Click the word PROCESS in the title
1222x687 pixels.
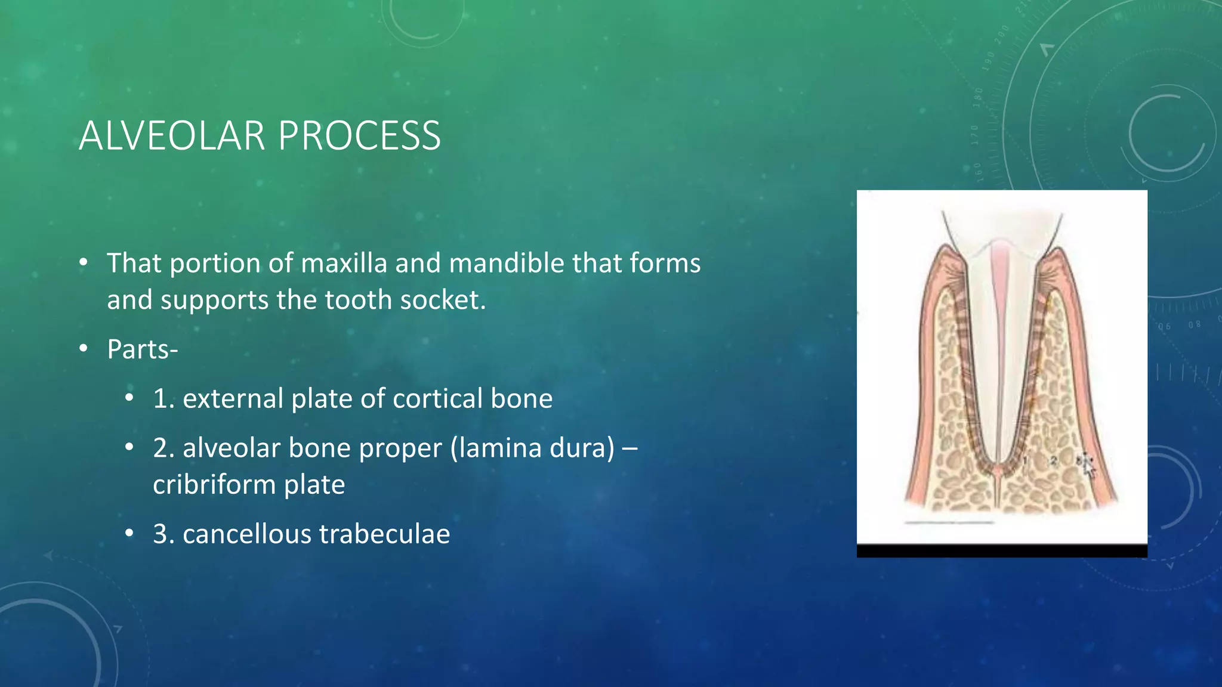pos(359,136)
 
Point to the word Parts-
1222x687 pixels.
pos(142,349)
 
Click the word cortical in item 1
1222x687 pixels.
pos(437,398)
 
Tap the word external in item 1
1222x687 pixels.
pos(233,398)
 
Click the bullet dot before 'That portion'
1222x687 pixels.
pos(84,263)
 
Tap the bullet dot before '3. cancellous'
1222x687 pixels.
pos(129,534)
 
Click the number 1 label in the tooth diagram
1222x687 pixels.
pos(1025,460)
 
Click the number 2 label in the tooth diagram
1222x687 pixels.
pos(1054,460)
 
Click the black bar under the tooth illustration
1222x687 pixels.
pos(1001,551)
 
